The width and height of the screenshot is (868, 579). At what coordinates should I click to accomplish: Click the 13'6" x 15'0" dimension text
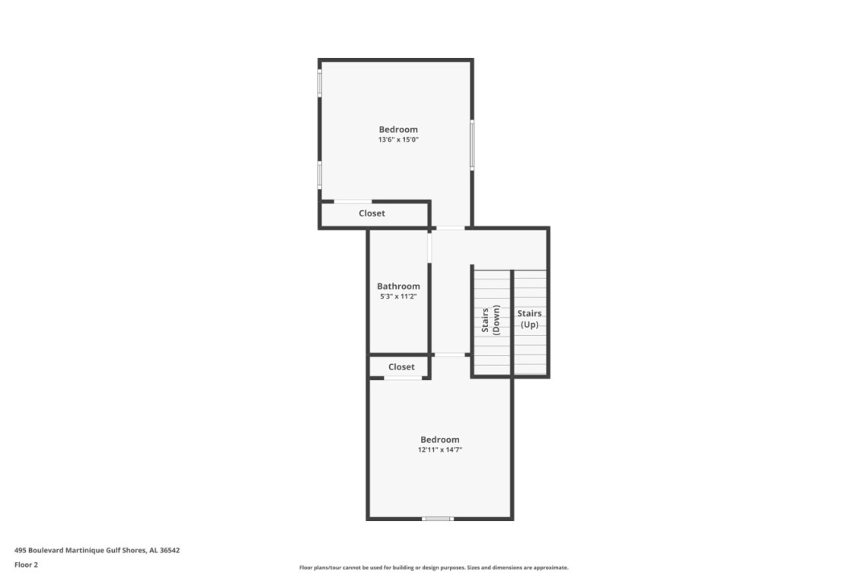tap(398, 139)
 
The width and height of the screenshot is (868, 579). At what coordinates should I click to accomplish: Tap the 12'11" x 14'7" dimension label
tap(439, 450)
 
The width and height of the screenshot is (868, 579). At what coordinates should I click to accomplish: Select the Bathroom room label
tap(398, 286)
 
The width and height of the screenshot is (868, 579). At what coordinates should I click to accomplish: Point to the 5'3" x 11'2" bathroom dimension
tap(398, 296)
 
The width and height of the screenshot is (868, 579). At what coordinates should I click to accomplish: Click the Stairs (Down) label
tap(490, 320)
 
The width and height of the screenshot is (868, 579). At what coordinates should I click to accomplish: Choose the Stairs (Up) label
tap(529, 318)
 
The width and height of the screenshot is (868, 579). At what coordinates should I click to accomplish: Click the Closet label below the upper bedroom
tap(372, 213)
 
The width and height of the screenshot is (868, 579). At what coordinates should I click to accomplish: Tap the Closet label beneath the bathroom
tap(401, 366)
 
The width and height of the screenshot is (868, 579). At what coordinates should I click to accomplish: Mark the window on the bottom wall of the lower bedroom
tap(437, 519)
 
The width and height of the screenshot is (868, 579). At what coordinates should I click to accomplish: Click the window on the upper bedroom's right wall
tap(471, 145)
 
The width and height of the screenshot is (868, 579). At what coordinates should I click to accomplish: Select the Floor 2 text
tap(26, 565)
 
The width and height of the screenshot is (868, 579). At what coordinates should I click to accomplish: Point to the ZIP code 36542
tap(170, 550)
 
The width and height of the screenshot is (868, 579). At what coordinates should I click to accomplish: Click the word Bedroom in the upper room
tap(398, 129)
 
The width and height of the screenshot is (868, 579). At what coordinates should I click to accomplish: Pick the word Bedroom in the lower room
tap(439, 440)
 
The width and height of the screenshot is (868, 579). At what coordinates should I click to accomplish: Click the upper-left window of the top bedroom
tap(320, 83)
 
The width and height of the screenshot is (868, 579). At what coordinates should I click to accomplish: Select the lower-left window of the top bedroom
tap(320, 174)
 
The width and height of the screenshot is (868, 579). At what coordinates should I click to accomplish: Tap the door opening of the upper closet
tap(353, 202)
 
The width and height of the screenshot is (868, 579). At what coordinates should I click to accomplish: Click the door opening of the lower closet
tap(403, 378)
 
